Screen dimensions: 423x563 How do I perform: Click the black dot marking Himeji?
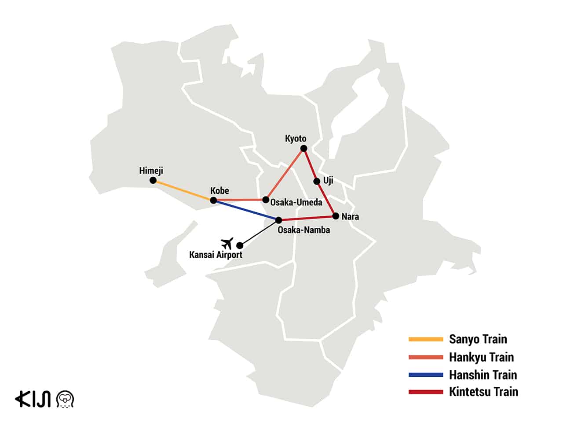tap(153, 180)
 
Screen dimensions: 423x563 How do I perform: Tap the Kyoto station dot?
tap(303, 148)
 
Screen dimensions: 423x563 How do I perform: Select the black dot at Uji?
tap(316, 181)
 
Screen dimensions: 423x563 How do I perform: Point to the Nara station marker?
tap(336, 216)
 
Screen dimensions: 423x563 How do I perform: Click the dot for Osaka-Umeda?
tap(266, 200)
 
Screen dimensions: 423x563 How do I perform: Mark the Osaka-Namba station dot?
tap(278, 220)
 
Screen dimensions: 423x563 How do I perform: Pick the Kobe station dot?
tap(213, 200)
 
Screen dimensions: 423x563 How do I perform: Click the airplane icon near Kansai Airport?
tap(227, 243)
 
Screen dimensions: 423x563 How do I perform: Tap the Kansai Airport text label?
tap(216, 255)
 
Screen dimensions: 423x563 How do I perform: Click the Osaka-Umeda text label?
tap(296, 202)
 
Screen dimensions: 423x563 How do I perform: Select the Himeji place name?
tap(151, 171)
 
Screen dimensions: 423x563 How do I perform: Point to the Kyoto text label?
tap(296, 139)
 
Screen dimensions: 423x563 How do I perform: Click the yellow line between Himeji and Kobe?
tap(183, 190)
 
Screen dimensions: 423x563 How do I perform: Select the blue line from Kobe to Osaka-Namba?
tap(246, 210)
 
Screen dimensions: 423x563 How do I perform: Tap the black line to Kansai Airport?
tap(259, 233)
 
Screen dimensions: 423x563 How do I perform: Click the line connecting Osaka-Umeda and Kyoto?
tap(285, 174)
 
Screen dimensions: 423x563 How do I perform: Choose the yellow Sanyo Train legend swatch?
tap(425, 339)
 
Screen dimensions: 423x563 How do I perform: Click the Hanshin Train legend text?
tap(483, 375)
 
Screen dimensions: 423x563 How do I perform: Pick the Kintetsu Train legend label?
tap(483, 392)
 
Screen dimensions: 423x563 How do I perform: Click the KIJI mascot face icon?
tap(66, 399)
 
